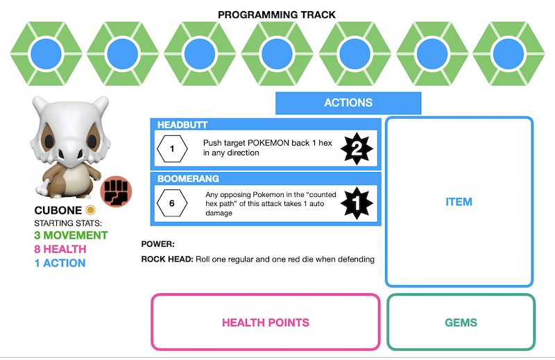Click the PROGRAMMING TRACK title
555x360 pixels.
pyautogui.click(x=276, y=15)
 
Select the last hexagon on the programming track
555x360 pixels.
pyautogui.click(x=510, y=52)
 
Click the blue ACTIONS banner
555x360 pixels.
pyautogui.click(x=348, y=103)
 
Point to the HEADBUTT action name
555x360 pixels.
pyautogui.click(x=182, y=125)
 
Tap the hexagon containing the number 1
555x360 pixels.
pyautogui.click(x=172, y=148)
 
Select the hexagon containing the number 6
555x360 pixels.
pyautogui.click(x=172, y=203)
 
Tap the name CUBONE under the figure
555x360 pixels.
pyautogui.click(x=58, y=210)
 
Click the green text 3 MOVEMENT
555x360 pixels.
pyautogui.click(x=71, y=236)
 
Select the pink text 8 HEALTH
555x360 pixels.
pyautogui.click(x=60, y=250)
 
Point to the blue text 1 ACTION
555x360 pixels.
pyautogui.click(x=60, y=264)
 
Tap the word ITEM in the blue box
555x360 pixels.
pyautogui.click(x=459, y=202)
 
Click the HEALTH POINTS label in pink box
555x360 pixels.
pyautogui.click(x=266, y=323)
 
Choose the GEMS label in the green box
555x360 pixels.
pyautogui.click(x=461, y=323)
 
